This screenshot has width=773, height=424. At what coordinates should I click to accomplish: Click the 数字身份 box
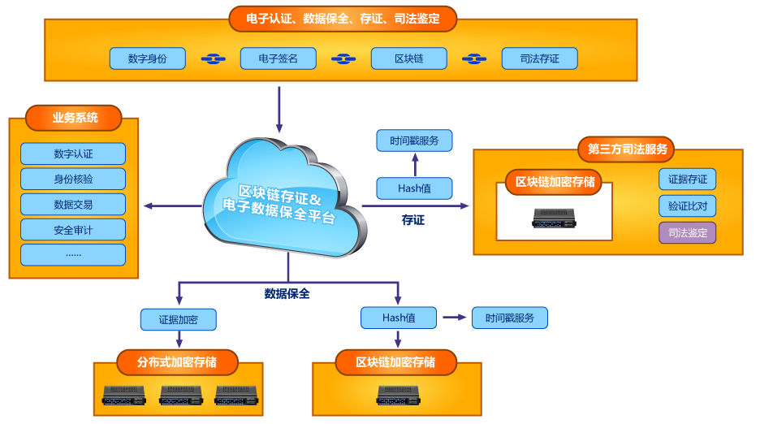(148, 58)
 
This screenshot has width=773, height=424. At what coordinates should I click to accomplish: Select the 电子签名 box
(278, 58)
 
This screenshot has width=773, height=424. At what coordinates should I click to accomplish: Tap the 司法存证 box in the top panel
(539, 58)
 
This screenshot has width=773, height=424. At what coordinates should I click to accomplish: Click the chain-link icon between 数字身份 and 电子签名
(213, 58)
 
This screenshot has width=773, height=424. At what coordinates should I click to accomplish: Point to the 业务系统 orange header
(74, 118)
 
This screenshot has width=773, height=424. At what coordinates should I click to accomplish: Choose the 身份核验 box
(73, 179)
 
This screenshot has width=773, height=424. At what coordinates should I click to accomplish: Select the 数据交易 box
(73, 204)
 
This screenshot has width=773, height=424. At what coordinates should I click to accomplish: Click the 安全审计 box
(73, 230)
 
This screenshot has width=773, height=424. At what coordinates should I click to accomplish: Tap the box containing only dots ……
(73, 255)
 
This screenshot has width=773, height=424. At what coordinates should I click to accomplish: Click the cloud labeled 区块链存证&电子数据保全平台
(280, 203)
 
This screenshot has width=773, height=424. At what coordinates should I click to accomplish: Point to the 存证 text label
(412, 220)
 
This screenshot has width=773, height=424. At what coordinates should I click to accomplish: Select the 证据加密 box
(178, 319)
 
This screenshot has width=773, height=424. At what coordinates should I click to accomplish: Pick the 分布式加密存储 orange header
(177, 361)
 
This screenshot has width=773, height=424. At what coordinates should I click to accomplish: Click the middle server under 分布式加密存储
(180, 396)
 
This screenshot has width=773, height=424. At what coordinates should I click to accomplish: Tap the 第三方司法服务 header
(627, 149)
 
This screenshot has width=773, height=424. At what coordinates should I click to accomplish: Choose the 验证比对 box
(687, 206)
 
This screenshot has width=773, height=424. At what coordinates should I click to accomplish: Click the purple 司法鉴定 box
(687, 233)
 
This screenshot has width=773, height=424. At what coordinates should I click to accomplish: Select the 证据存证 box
(687, 180)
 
